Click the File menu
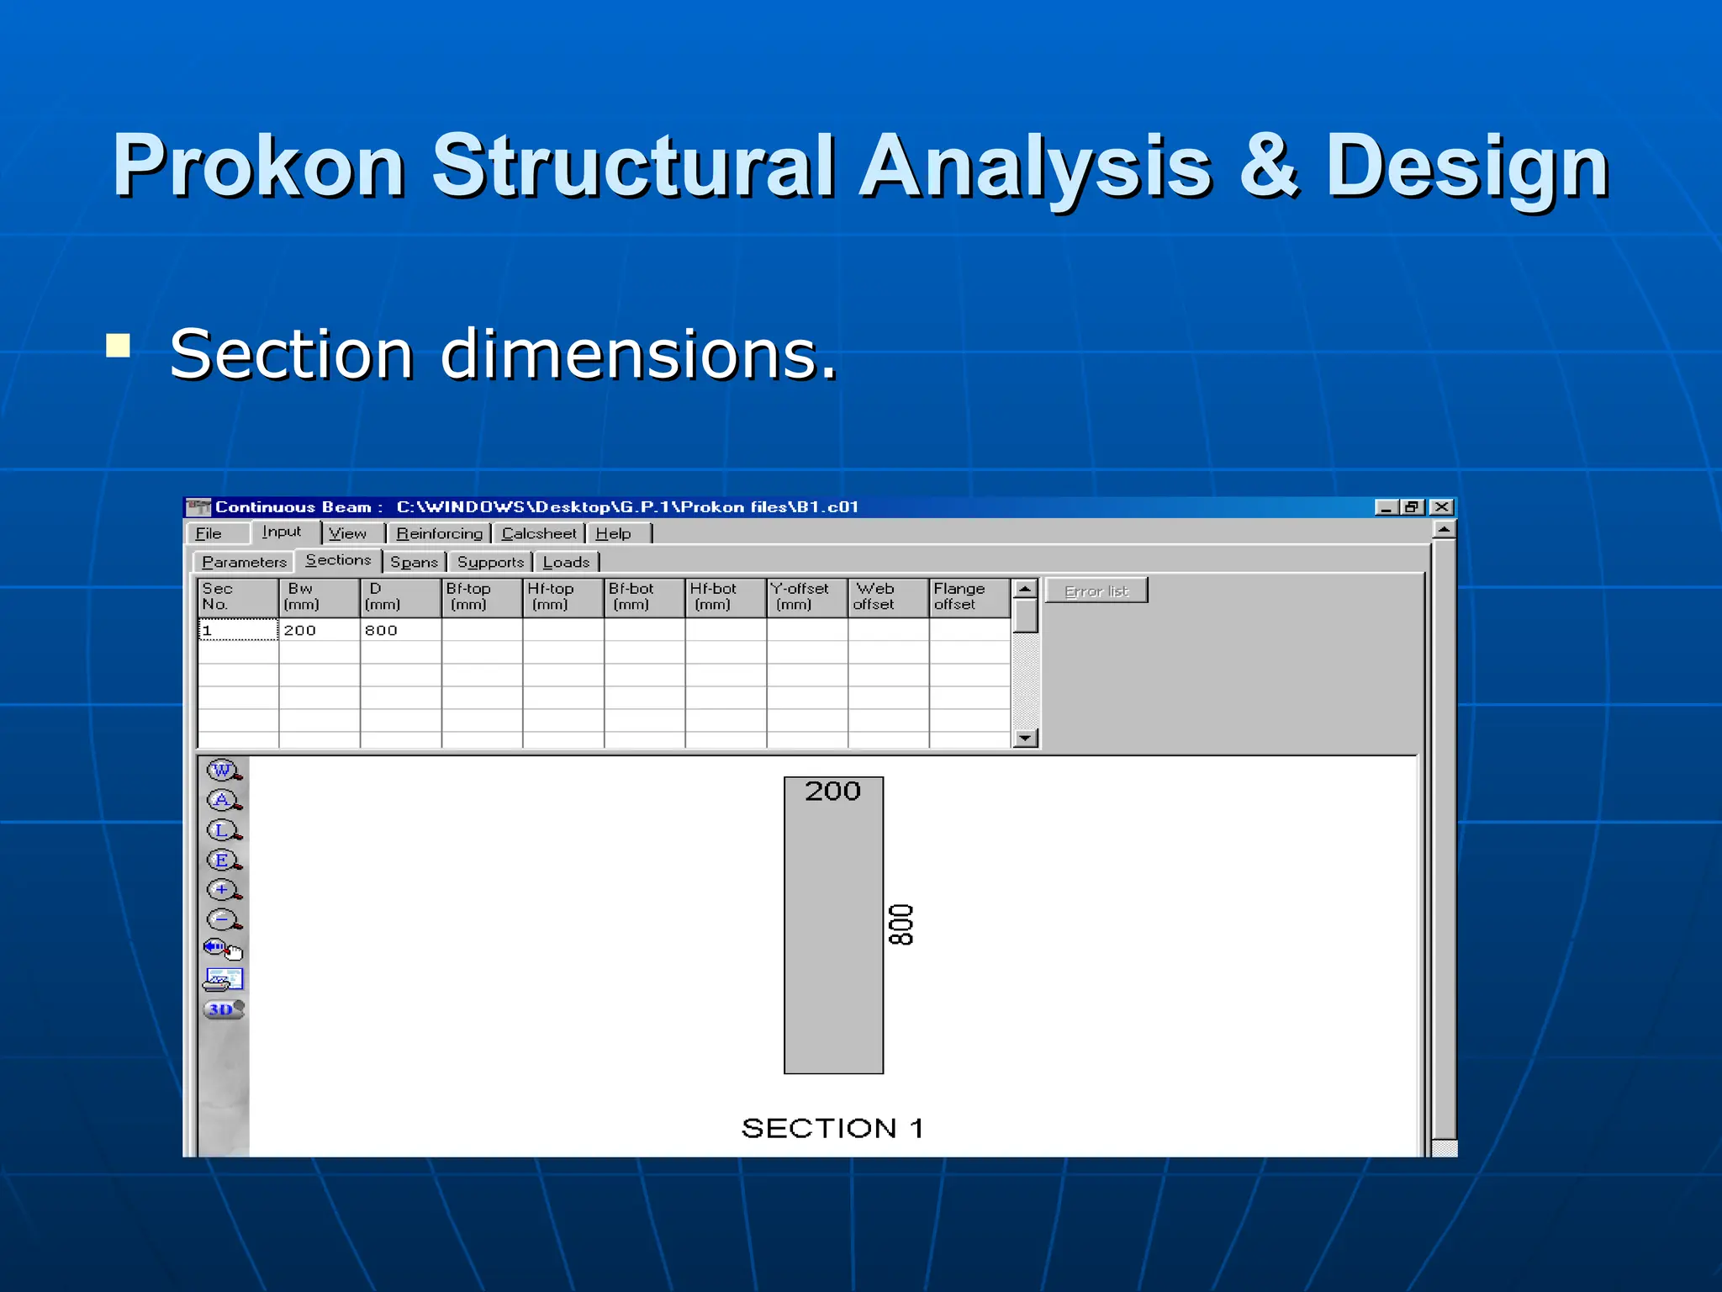(209, 533)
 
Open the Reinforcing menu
(439, 533)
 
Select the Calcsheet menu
(539, 533)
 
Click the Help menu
(614, 533)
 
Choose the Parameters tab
(244, 562)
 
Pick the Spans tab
(414, 562)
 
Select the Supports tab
(490, 562)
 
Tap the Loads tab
(566, 562)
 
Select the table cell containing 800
(400, 630)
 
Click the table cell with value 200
(319, 630)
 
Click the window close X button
(1441, 506)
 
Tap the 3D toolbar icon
(223, 1009)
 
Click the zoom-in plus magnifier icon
(223, 889)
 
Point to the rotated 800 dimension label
(901, 924)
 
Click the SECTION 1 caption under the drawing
(832, 1128)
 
